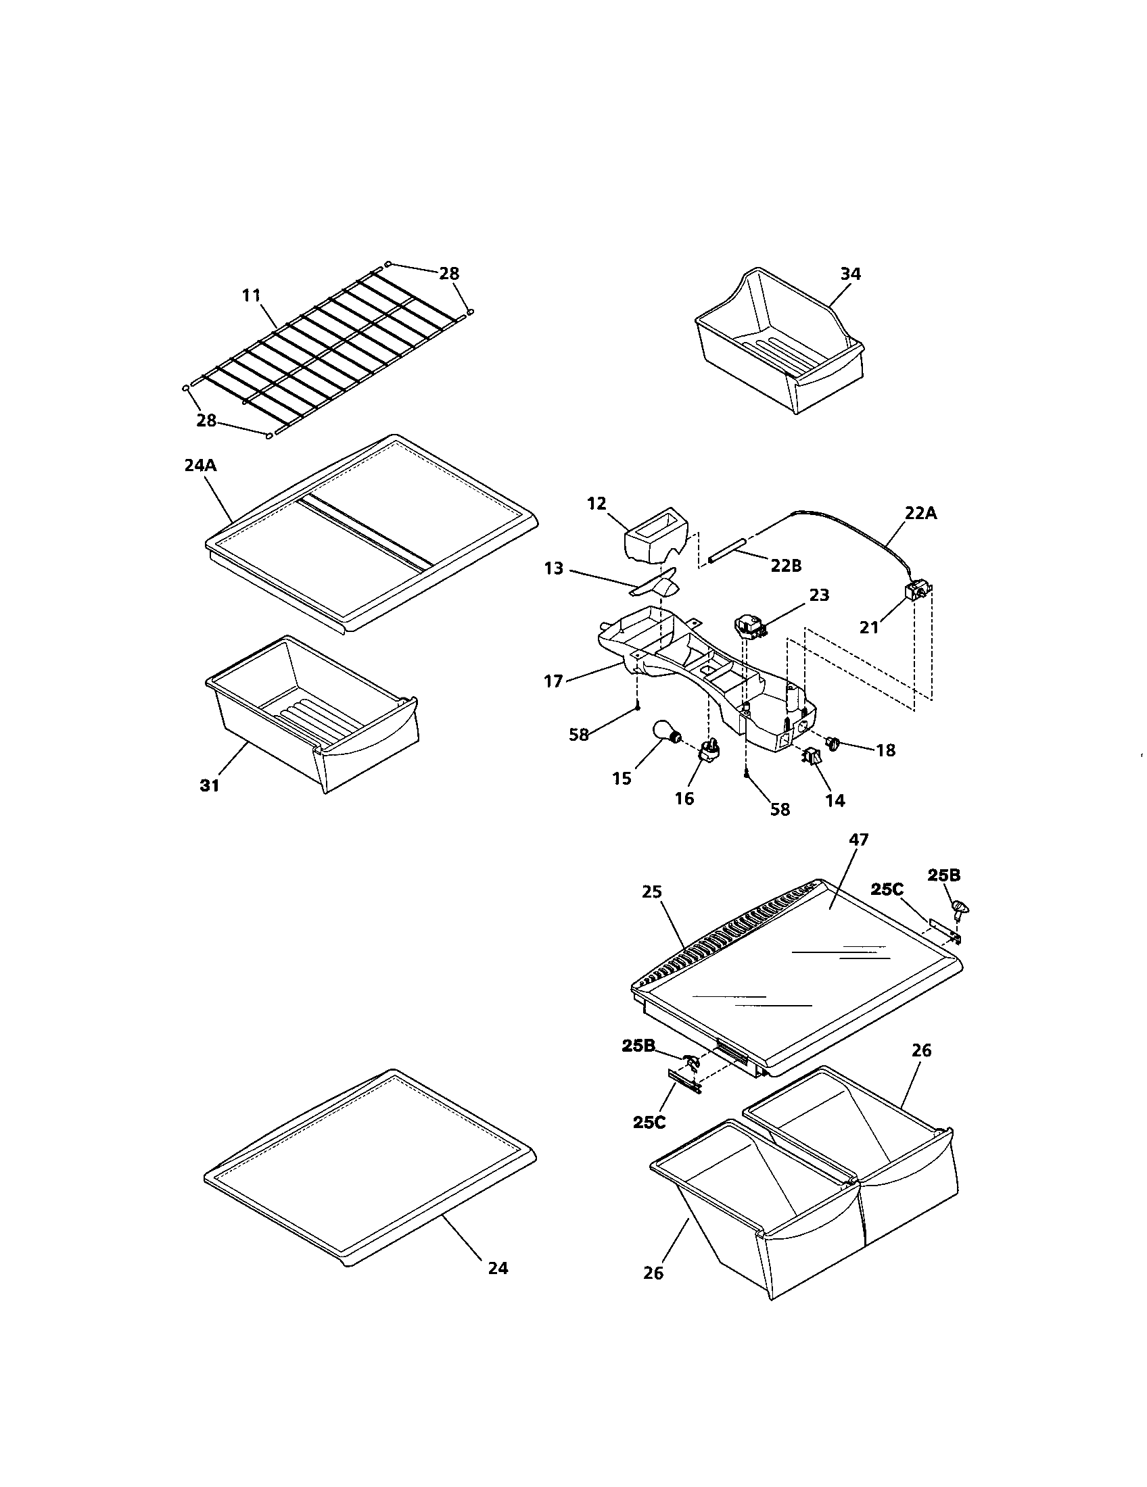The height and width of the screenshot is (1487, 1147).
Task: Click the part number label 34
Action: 850,274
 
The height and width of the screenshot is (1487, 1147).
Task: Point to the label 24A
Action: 200,466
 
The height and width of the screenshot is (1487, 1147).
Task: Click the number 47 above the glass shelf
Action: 859,839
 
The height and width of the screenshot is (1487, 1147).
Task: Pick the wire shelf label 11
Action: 252,295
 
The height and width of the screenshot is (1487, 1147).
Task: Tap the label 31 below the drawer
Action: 210,785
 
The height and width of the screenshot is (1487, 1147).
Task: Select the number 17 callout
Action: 553,680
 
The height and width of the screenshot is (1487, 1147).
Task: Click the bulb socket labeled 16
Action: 706,749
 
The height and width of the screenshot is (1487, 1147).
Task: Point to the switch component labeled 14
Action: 811,754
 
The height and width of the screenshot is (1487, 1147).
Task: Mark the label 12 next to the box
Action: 596,504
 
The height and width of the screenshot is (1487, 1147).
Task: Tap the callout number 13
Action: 554,568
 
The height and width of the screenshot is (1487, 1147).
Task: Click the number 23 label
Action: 819,594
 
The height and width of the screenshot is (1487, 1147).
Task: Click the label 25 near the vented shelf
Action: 652,892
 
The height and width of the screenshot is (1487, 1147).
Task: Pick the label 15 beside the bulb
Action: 622,778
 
